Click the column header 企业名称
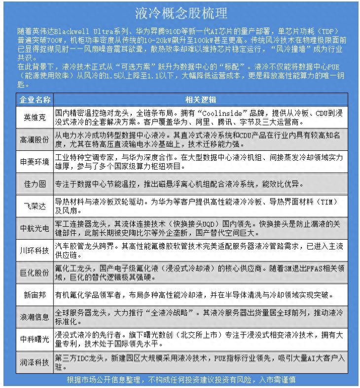pyautogui.click(x=35, y=99)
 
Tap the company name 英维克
pyautogui.click(x=35, y=117)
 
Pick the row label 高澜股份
pyautogui.click(x=35, y=140)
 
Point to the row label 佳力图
pyautogui.click(x=35, y=183)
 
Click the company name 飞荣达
pyautogui.click(x=35, y=205)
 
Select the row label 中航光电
pyautogui.click(x=35, y=228)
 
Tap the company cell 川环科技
pyautogui.click(x=35, y=250)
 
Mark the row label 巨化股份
pyautogui.click(x=35, y=272)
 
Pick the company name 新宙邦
pyautogui.click(x=35, y=295)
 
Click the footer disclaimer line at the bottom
pyautogui.click(x=181, y=380)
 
